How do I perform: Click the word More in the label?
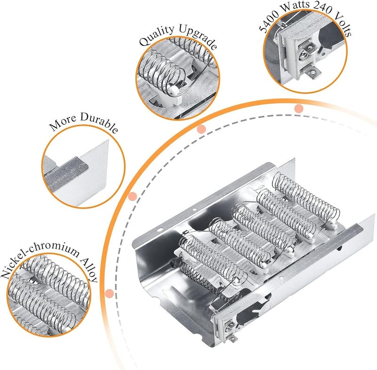pos(63,123)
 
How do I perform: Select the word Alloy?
pos(90,270)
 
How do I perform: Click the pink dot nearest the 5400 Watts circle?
pos(299,109)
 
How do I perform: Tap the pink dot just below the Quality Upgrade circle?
pos(201,129)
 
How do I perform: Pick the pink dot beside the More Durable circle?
pos(132,196)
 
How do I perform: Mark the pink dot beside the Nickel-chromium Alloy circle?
pos(109,293)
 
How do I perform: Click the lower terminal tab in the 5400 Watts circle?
pos(312,72)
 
